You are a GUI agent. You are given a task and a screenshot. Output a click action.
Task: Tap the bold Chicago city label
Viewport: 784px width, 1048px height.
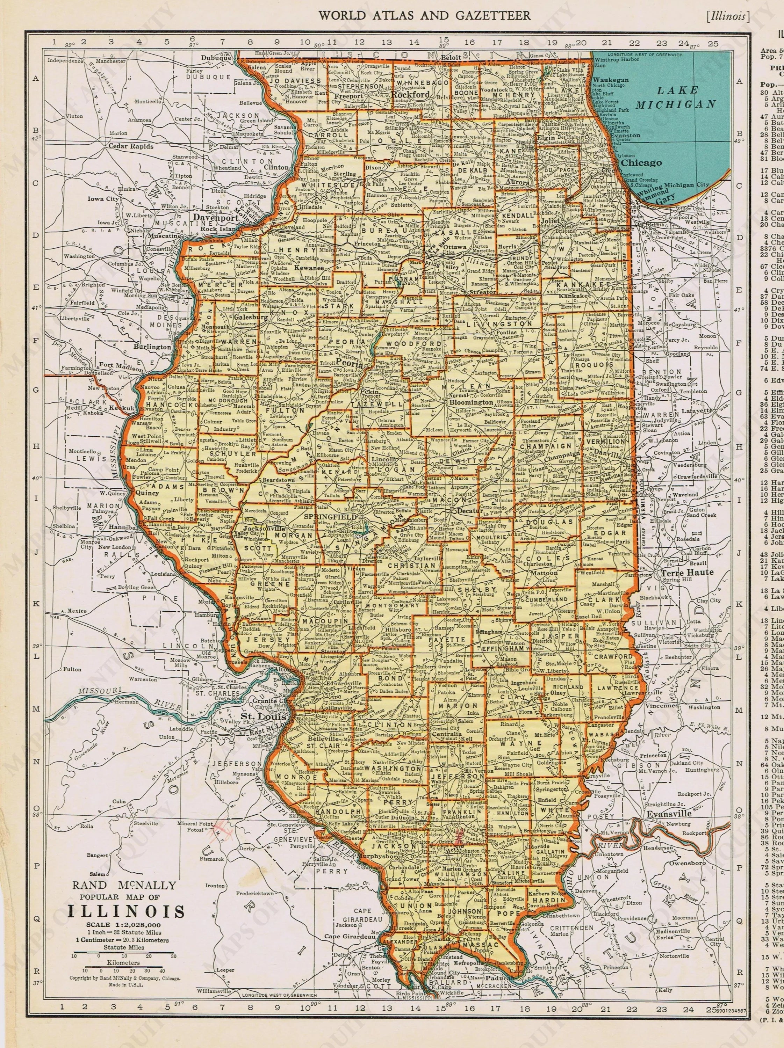tap(641, 162)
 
